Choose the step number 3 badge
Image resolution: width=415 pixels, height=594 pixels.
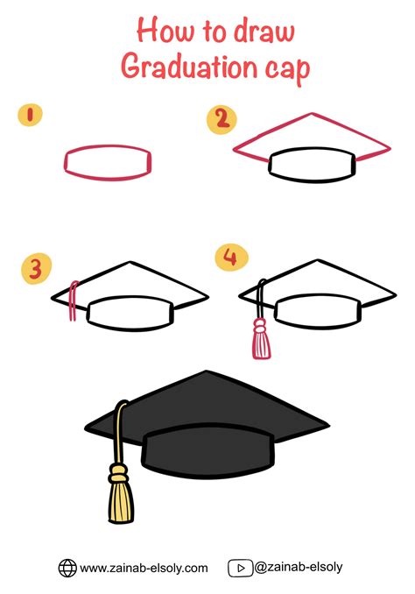tap(34, 267)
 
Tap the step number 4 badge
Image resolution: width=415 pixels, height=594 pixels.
tap(230, 258)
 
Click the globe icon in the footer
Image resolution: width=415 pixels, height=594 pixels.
tap(67, 568)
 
